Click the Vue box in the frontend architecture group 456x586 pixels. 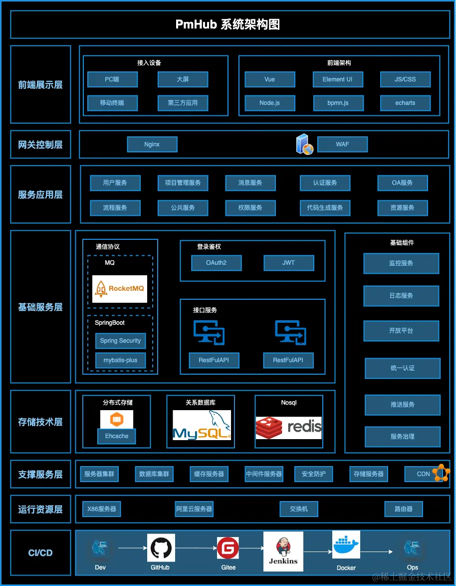coord(270,79)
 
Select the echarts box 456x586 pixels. coord(405,103)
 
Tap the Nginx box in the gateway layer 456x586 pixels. coord(152,144)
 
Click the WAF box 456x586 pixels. coord(342,144)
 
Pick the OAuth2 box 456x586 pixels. coord(217,263)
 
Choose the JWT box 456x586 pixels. coord(289,263)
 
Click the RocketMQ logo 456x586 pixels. coord(120,289)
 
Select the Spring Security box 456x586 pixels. coord(121,341)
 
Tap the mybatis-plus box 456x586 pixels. coord(121,360)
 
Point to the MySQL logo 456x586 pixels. coord(202,425)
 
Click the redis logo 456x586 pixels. coord(289,428)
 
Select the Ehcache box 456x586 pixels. coord(117,436)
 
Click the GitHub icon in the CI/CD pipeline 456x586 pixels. coord(161,548)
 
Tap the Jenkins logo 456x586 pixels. coord(283,551)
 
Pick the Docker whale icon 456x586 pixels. coord(346,546)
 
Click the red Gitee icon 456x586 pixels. coord(228,548)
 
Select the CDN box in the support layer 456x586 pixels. coord(424,474)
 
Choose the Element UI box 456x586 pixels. coord(338,79)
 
